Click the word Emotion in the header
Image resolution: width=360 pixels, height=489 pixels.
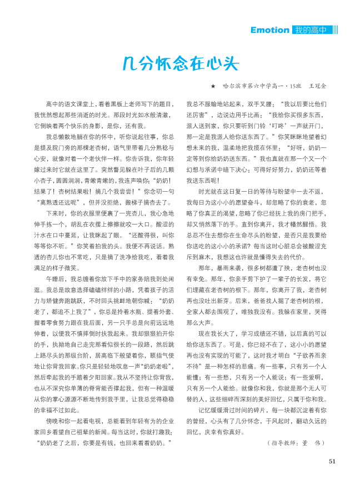coord(269,29)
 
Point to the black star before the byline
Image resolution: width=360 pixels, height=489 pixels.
coord(213,87)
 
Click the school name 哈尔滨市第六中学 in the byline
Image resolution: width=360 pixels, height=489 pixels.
coord(248,87)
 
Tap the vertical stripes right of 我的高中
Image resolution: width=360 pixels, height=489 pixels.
coord(336,29)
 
